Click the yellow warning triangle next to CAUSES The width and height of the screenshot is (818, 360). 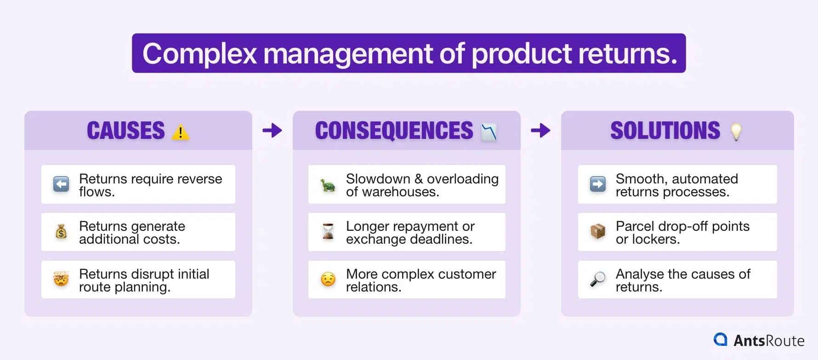pyautogui.click(x=181, y=132)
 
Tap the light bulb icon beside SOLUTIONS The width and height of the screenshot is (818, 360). pyautogui.click(x=736, y=132)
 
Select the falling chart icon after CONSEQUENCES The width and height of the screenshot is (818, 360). pyautogui.click(x=489, y=132)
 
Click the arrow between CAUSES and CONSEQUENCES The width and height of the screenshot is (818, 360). pyautogui.click(x=272, y=131)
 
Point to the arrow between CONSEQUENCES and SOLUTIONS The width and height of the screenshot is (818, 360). pyautogui.click(x=540, y=131)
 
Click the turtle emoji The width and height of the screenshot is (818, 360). pyautogui.click(x=328, y=185)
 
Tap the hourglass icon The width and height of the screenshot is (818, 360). pyautogui.click(x=328, y=231)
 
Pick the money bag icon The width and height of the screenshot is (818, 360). pyautogui.click(x=61, y=232)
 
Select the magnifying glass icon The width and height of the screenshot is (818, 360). pyautogui.click(x=597, y=279)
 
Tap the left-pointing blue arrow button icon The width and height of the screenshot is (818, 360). pyautogui.click(x=61, y=184)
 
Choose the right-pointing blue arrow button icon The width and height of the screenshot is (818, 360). pyautogui.click(x=597, y=184)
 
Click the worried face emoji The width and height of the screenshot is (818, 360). pyautogui.click(x=328, y=279)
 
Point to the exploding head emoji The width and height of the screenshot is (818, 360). pyautogui.click(x=61, y=279)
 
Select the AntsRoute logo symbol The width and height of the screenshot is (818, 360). pyautogui.click(x=720, y=339)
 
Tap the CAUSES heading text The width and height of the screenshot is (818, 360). pyautogui.click(x=126, y=131)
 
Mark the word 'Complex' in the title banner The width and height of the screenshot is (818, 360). pyautogui.click(x=199, y=54)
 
